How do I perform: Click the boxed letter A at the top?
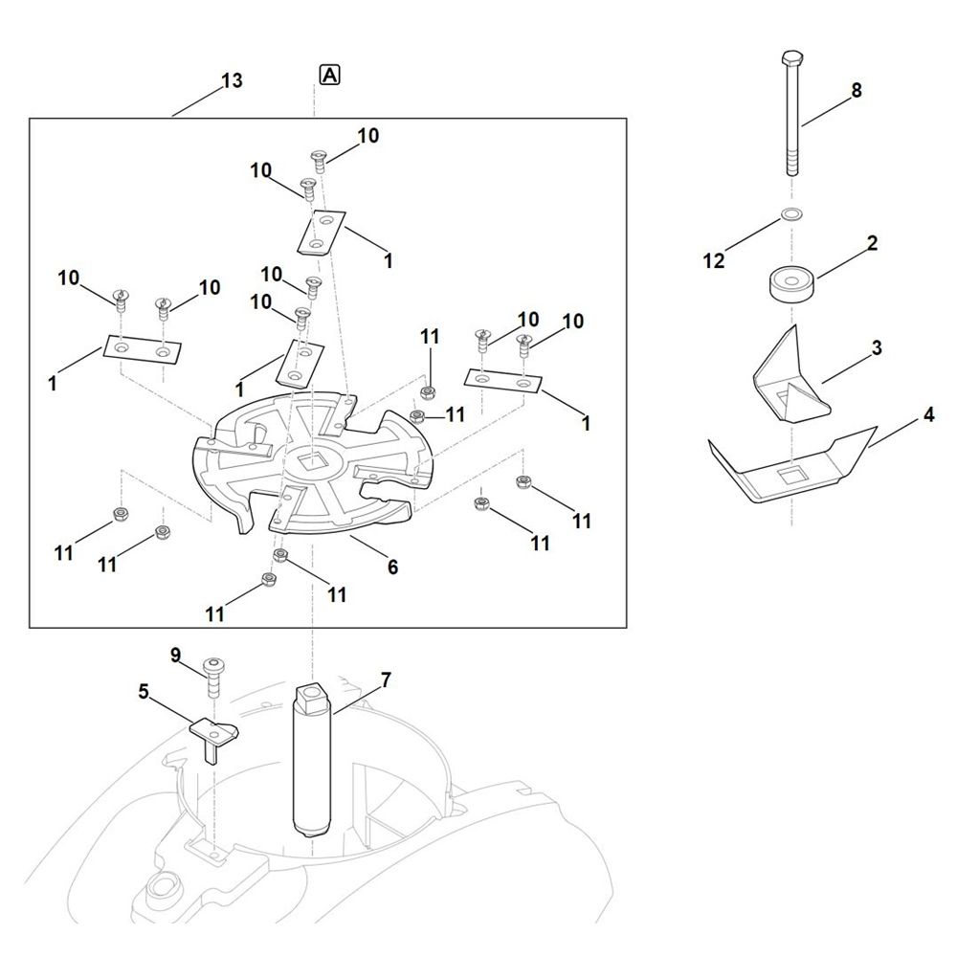tap(329, 75)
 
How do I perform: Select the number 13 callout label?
tap(231, 80)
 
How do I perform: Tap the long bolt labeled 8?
tap(791, 124)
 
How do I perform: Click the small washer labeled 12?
tap(791, 212)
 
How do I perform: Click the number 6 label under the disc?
tap(392, 567)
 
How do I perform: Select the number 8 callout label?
tap(857, 90)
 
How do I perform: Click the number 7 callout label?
tap(386, 680)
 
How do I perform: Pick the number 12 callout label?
tap(714, 261)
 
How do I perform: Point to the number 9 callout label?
tap(175, 656)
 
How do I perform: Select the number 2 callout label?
tap(873, 243)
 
